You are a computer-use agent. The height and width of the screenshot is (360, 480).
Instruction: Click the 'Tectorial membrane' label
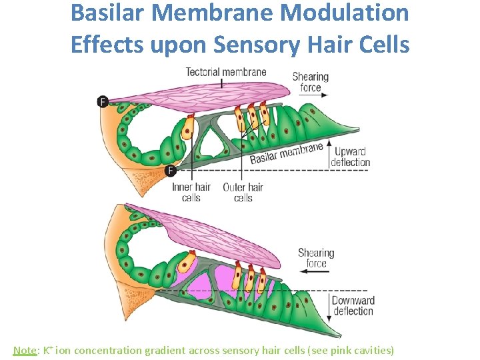(x=225, y=72)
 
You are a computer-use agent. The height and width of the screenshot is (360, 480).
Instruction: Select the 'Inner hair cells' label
(x=191, y=192)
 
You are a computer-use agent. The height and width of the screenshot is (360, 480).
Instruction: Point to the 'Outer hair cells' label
(x=243, y=192)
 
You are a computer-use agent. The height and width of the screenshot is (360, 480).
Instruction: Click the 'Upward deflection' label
(x=352, y=157)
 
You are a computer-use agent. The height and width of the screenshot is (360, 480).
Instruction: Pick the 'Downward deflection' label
(x=353, y=306)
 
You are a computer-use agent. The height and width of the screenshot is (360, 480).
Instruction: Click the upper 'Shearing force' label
(x=311, y=81)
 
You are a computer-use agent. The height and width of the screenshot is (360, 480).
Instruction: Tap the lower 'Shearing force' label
(x=316, y=257)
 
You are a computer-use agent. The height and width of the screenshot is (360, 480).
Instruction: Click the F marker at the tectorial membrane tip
(x=102, y=101)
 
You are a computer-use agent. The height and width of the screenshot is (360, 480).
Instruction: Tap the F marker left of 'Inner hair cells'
(x=171, y=171)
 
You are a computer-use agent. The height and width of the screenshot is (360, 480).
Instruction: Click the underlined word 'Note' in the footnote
(x=25, y=350)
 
